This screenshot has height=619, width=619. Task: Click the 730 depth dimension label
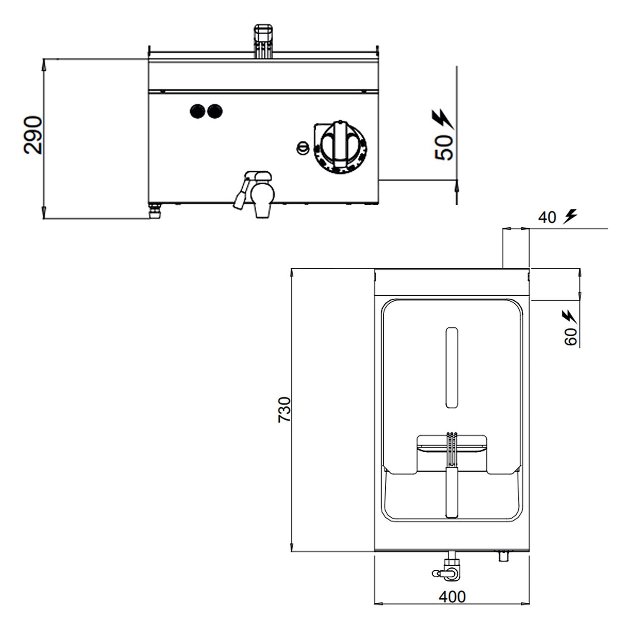tap(285, 409)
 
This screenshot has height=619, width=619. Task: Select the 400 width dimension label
tap(452, 597)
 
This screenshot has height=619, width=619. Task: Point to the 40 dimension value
tap(547, 217)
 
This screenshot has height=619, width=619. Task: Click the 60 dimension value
tap(571, 337)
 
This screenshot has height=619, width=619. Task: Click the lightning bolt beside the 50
tap(443, 119)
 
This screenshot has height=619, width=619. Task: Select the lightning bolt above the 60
tap(569, 317)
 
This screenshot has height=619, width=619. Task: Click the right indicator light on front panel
tap(215, 111)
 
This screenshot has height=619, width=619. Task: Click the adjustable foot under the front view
tap(155, 212)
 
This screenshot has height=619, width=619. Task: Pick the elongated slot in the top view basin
tap(452, 367)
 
